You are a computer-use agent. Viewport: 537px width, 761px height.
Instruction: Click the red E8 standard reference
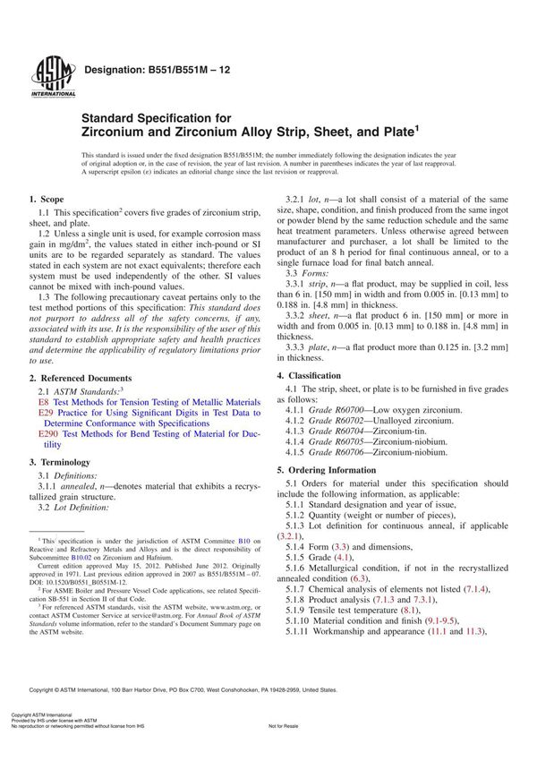coord(44,403)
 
